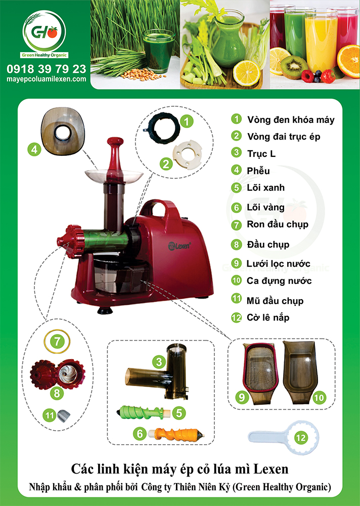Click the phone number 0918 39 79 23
tap(47, 69)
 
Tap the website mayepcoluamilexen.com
tap(47, 79)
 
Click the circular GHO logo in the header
tap(44, 31)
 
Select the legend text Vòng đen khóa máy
tap(291, 120)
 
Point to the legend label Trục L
tap(261, 154)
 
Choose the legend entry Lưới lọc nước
tap(279, 264)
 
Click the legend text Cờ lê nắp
tap(268, 318)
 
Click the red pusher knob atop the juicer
tap(115, 142)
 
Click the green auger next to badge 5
tap(143, 412)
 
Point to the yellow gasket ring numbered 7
tap(57, 342)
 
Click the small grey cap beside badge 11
tap(64, 415)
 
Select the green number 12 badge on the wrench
tap(301, 438)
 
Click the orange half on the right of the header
tap(349, 61)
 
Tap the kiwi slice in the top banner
tap(294, 67)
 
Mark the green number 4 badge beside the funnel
tap(34, 149)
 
